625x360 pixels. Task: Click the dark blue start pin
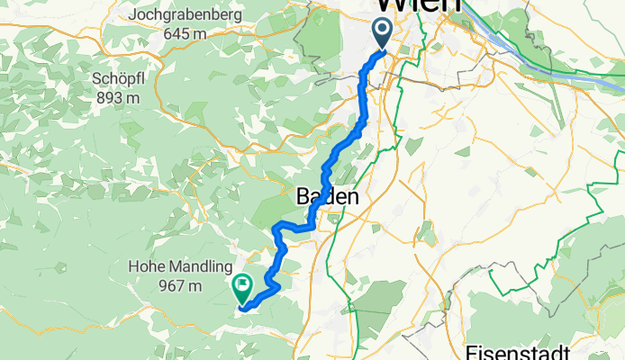[x=382, y=33]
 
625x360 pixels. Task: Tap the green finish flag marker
[x=242, y=288]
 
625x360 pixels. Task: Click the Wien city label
[x=418, y=5]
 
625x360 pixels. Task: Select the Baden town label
[x=328, y=196]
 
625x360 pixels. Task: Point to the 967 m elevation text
[x=177, y=286]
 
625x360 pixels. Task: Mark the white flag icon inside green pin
[x=242, y=285]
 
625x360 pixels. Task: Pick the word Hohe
[x=147, y=267]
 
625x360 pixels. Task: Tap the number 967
[x=168, y=286]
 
